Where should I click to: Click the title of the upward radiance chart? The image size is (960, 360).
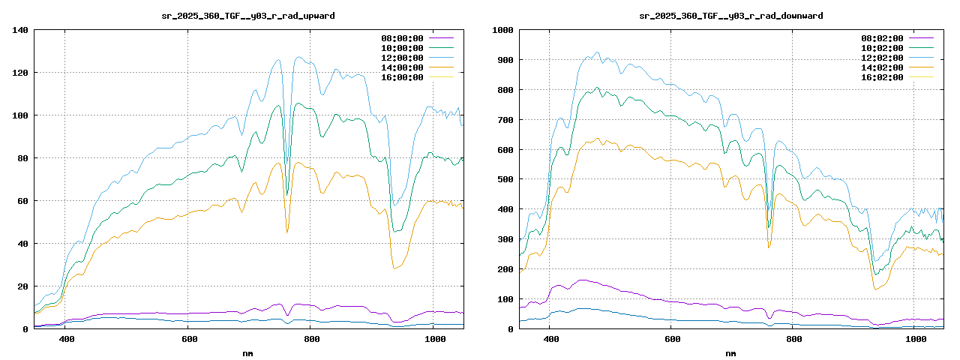pos(248,16)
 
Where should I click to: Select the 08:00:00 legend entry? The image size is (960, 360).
pos(402,38)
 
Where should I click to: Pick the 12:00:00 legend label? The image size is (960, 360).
pos(402,58)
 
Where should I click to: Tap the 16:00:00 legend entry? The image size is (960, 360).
pos(402,77)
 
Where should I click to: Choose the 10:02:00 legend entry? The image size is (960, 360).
pos(882,48)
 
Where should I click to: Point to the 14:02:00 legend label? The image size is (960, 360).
pos(882,67)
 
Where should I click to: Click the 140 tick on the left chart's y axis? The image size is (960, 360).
pos(20,30)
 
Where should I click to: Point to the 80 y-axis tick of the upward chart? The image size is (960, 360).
pos(22,158)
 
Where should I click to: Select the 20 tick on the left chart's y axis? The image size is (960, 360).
pos(22,286)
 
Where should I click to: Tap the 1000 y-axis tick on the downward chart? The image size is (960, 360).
pos(501,30)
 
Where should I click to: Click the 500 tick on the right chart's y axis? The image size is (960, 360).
pos(503,179)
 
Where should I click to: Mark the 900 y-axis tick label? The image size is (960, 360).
pos(503,60)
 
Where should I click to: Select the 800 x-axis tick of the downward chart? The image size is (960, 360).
pos(793,340)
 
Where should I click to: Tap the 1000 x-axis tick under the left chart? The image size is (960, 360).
pos(435,340)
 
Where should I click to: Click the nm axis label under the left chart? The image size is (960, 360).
pos(248,352)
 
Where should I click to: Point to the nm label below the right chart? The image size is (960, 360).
pos(730,352)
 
